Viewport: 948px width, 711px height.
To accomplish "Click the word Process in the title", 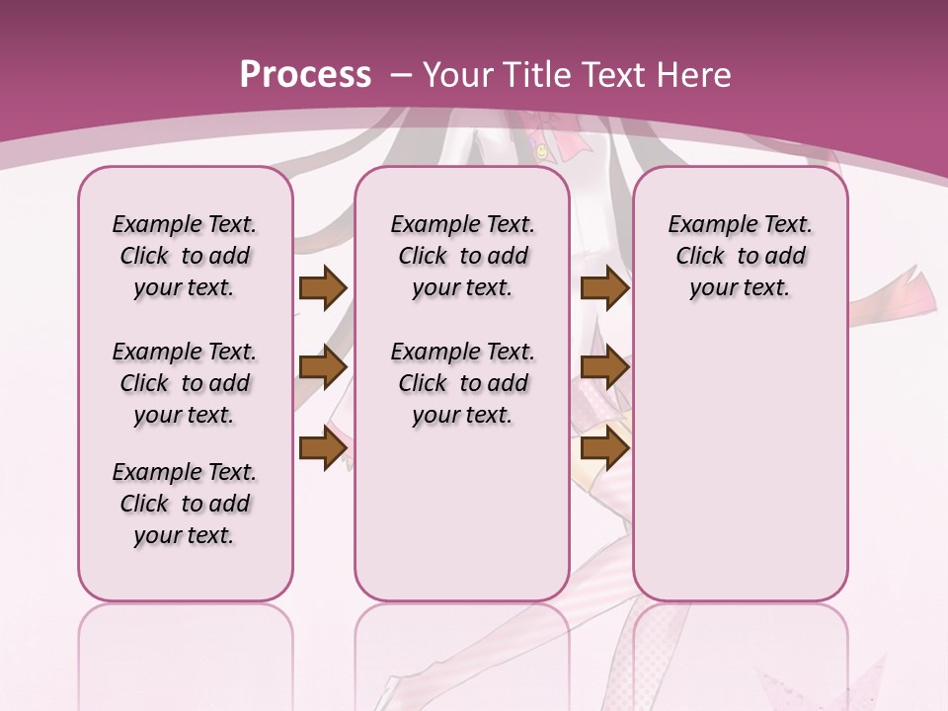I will point(305,74).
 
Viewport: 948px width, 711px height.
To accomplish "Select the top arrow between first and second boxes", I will point(323,287).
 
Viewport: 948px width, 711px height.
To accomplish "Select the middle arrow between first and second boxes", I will point(323,367).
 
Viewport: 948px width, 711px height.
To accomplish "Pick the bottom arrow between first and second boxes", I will point(323,447).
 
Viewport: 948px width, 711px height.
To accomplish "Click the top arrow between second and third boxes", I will point(604,287).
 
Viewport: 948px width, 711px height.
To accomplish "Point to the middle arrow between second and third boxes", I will point(604,367).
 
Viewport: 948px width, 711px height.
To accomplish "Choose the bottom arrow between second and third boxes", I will point(604,447).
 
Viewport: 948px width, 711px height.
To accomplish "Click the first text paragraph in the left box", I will point(185,256).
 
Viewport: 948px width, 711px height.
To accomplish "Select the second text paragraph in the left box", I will point(185,383).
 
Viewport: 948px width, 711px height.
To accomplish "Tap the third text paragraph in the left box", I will point(185,504).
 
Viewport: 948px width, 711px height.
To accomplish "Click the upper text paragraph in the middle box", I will point(462,256).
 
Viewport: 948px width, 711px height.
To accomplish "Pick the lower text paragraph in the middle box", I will point(462,383).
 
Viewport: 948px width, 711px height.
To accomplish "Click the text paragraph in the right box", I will point(740,256).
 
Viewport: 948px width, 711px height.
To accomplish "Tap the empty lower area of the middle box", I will point(462,513).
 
